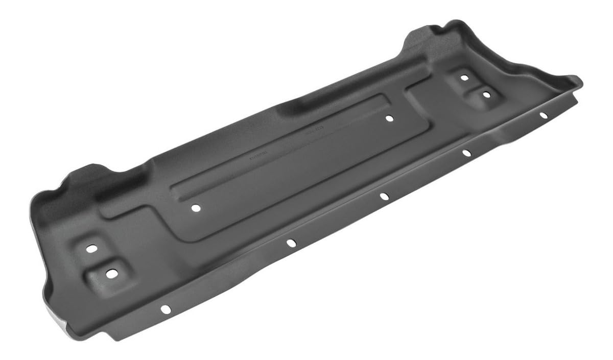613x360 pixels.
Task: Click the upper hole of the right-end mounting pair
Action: click(464, 78)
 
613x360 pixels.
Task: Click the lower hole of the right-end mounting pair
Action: click(486, 94)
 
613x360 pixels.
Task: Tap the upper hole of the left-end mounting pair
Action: click(91, 249)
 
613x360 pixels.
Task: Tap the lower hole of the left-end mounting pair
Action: click(110, 273)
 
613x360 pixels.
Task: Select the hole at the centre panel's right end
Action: click(389, 118)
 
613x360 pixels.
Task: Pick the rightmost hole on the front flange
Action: click(544, 115)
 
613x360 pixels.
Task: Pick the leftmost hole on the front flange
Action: click(165, 308)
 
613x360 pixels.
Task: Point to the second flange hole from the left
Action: click(291, 243)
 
